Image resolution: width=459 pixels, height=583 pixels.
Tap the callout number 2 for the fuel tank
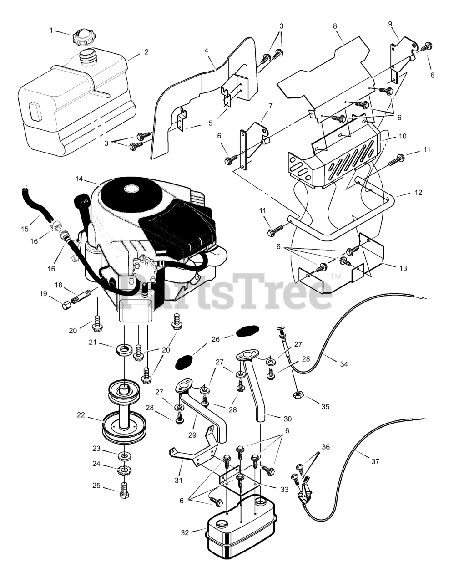click(146, 52)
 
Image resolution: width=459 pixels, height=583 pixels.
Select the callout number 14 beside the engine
click(79, 179)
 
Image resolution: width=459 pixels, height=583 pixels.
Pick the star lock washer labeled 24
click(124, 470)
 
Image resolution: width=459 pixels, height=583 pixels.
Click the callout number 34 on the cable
click(344, 364)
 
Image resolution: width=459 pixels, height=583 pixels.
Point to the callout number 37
click(375, 461)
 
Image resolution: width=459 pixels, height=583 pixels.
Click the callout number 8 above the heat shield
click(335, 26)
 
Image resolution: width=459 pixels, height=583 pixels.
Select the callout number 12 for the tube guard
click(418, 193)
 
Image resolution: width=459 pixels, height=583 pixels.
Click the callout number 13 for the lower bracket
click(403, 268)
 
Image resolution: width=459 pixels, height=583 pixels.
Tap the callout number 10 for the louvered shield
click(403, 136)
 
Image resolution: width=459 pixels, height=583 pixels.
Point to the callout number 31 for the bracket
click(178, 480)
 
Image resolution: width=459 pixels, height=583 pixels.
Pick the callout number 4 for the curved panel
click(207, 50)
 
